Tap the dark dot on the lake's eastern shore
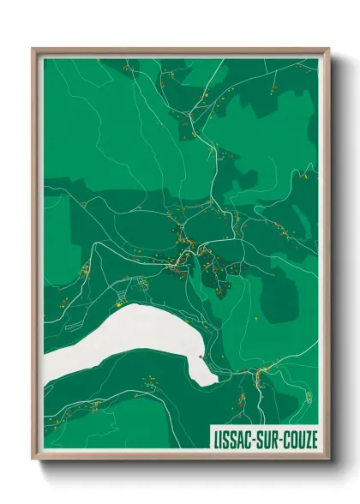pyautogui.click(x=200, y=357)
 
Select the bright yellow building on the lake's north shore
pyautogui.click(x=119, y=302)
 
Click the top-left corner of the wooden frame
pyautogui.click(x=33, y=49)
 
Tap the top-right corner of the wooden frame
pyautogui.click(x=328, y=49)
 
